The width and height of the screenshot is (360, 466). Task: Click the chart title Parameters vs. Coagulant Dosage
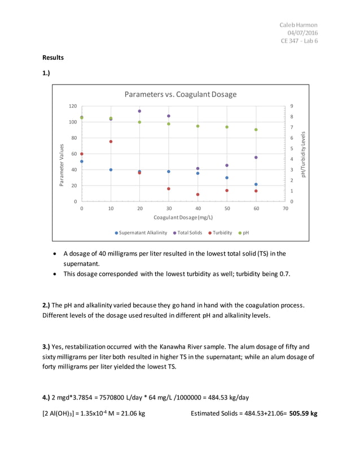coord(180,94)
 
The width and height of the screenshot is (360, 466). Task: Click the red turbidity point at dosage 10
coord(111,142)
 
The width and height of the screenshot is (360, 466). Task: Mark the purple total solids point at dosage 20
coord(139,111)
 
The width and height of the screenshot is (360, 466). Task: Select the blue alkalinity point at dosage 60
coord(256,184)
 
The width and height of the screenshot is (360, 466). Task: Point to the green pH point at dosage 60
coord(256,130)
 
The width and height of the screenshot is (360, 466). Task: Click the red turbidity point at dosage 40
coord(197,195)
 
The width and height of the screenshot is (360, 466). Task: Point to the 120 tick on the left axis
coord(72,106)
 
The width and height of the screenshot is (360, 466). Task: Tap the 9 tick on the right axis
coord(291,106)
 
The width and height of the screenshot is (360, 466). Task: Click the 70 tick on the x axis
coord(285,209)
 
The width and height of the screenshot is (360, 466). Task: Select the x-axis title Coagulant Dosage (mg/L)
coord(183,217)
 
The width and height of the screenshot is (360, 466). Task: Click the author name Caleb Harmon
coord(298,25)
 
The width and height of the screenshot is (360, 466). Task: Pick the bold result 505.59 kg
coord(303,413)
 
